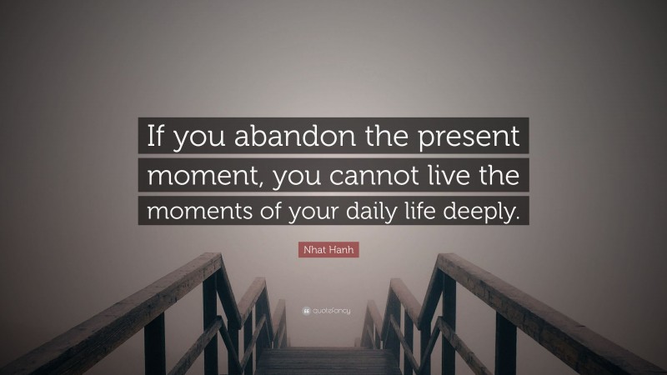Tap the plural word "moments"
tap(193, 212)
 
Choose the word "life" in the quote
tap(443, 212)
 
